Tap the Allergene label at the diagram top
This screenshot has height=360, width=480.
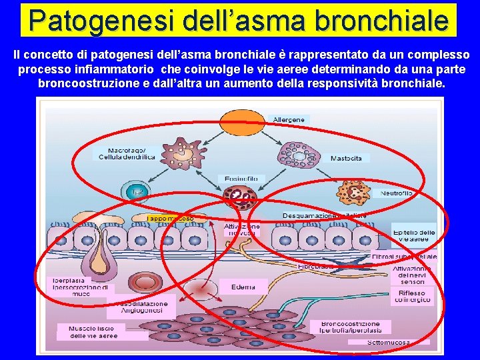(x=289, y=120)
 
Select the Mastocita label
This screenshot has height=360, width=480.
(x=347, y=159)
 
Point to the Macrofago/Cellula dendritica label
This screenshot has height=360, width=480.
(x=127, y=153)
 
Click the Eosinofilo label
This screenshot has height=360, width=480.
(x=241, y=179)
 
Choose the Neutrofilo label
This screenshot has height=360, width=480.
(x=397, y=193)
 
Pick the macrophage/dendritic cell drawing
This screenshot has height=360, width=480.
(x=180, y=153)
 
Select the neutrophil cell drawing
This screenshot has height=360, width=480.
(x=354, y=193)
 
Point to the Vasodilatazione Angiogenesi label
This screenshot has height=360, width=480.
(x=144, y=307)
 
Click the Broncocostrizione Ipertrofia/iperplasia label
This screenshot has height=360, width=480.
(x=351, y=327)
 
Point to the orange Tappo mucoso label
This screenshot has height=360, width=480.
(x=171, y=218)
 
